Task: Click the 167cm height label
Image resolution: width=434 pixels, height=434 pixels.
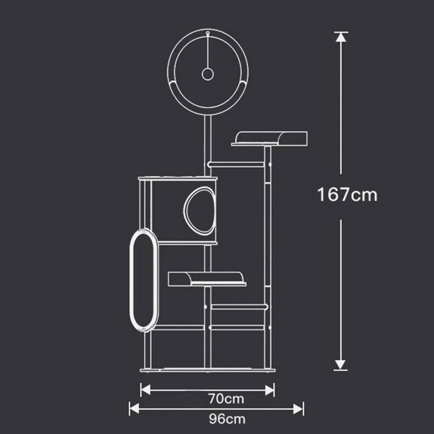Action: point(347,194)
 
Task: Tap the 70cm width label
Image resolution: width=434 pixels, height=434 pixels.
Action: point(227,399)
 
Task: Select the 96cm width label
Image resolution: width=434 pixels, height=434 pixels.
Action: point(227,419)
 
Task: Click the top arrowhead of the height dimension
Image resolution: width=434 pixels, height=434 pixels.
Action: point(341,37)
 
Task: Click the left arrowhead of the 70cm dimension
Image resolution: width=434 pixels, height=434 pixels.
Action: point(145,390)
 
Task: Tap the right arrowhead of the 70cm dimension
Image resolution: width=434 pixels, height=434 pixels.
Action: point(270,390)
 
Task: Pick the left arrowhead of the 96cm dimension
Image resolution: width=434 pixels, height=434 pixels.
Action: point(134,409)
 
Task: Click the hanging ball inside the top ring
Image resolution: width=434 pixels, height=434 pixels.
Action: point(207,74)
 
